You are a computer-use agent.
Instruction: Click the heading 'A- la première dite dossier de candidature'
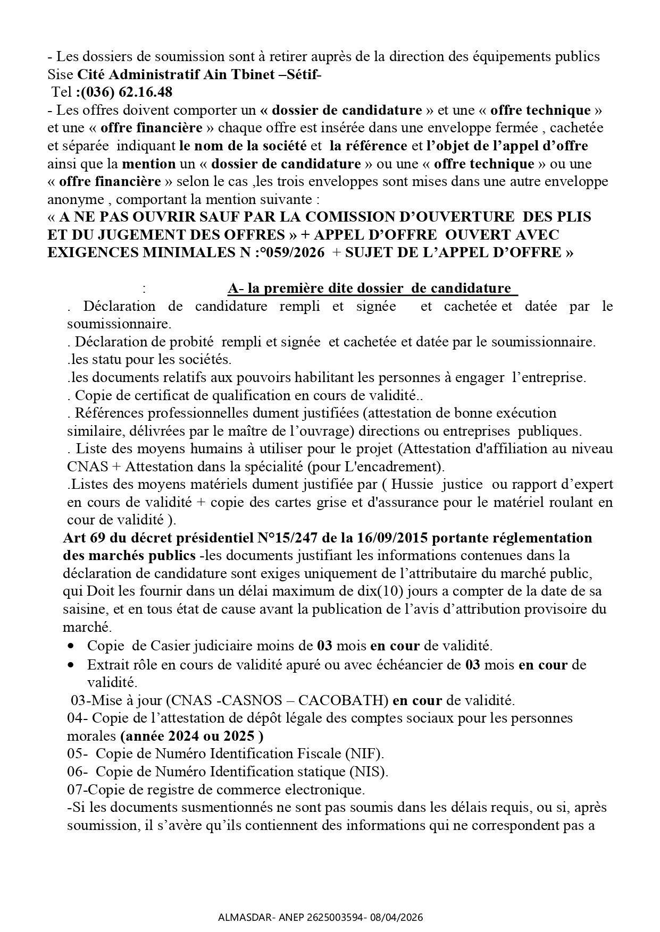pyautogui.click(x=372, y=288)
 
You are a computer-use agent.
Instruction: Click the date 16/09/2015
pyautogui.click(x=389, y=538)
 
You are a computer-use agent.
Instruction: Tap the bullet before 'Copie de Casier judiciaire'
pyautogui.click(x=71, y=646)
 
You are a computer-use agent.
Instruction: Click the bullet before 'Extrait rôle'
pyautogui.click(x=71, y=665)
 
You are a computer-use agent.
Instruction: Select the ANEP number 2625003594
pyautogui.click(x=328, y=917)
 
